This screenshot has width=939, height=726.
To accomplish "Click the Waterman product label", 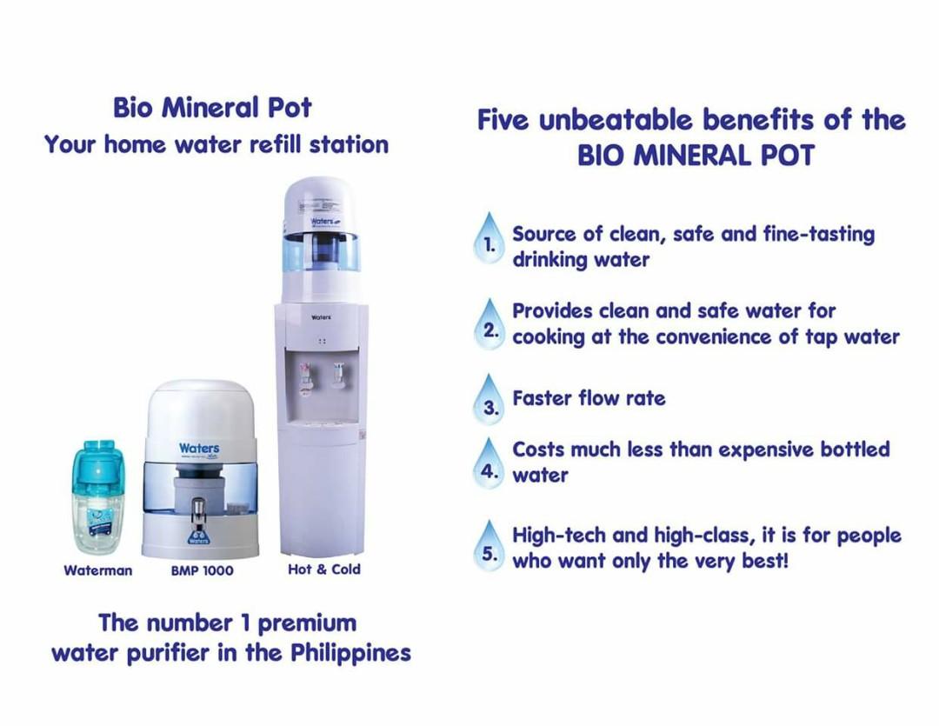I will (98, 570).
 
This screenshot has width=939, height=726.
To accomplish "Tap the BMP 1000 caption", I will (202, 570).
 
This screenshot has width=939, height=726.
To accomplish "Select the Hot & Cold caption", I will (323, 569).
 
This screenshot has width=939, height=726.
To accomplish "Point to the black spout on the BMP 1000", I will (199, 509).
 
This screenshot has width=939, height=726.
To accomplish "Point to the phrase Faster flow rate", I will (589, 398).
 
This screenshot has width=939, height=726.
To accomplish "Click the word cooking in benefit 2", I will (549, 337).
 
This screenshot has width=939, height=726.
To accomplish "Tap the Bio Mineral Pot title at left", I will (212, 108).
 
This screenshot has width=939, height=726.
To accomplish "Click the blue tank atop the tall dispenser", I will (322, 252).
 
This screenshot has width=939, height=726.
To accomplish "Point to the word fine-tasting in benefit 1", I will (818, 234).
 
